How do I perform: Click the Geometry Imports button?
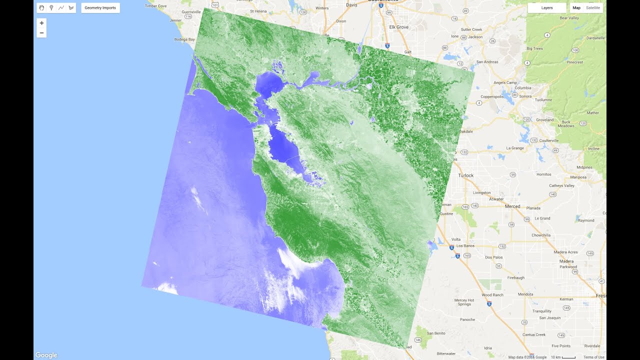(x=100, y=8)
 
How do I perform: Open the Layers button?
(x=547, y=8)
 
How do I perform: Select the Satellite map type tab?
(x=593, y=8)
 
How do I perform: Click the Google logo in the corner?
(x=46, y=355)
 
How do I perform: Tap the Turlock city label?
(x=465, y=175)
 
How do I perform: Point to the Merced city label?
(x=512, y=206)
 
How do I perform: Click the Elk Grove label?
(x=399, y=27)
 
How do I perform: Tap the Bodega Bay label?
(x=183, y=39)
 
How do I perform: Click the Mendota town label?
(x=526, y=294)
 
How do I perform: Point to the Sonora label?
(x=525, y=95)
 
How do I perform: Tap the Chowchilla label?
(x=541, y=235)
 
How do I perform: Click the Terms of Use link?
(x=594, y=357)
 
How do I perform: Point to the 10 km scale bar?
(x=563, y=357)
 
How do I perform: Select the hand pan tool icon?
(x=41, y=8)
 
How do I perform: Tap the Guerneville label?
(x=191, y=11)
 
